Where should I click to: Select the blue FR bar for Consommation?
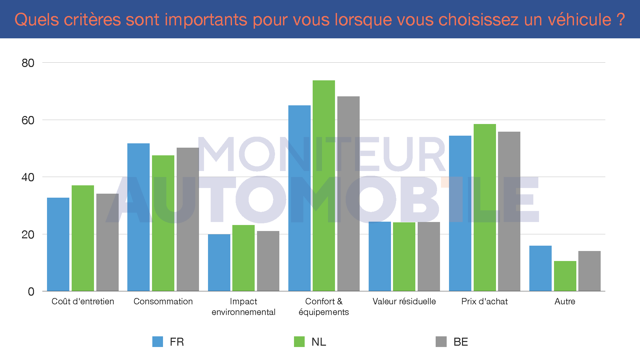tap(138, 217)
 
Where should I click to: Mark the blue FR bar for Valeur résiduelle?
tap(380, 256)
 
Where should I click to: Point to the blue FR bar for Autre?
tap(540, 268)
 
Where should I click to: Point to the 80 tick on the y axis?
tap(28, 63)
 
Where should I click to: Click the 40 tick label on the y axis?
tap(28, 177)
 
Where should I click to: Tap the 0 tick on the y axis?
tap(31, 292)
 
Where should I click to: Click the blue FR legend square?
tap(158, 342)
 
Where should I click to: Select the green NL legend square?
tap(299, 342)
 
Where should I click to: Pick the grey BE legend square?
tap(441, 342)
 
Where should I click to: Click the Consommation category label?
tap(163, 301)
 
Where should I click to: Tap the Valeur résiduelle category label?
tap(404, 301)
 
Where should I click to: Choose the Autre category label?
tap(565, 301)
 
